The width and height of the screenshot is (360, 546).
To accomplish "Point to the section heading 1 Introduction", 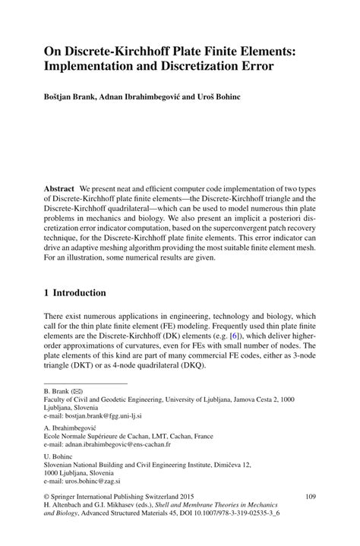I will (x=74, y=292).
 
